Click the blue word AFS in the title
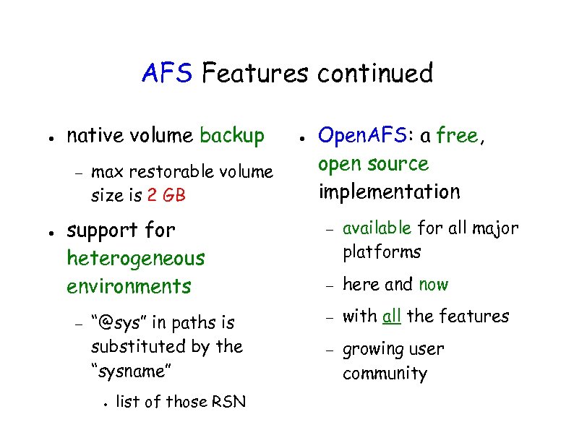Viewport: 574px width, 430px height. tap(167, 74)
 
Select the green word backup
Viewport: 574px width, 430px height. tap(232, 136)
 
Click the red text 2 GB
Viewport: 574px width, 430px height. tap(166, 195)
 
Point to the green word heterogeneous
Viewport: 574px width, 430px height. tap(136, 258)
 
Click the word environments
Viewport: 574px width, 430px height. tap(129, 286)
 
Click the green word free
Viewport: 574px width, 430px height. tap(457, 136)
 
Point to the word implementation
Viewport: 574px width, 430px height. tap(389, 192)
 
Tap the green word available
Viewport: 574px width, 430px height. tap(377, 229)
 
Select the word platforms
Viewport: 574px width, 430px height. tap(381, 252)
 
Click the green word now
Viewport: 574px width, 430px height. tap(433, 285)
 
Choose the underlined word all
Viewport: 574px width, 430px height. tap(392, 317)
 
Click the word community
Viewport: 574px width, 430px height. tap(385, 374)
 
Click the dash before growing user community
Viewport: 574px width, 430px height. tap(327, 351)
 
